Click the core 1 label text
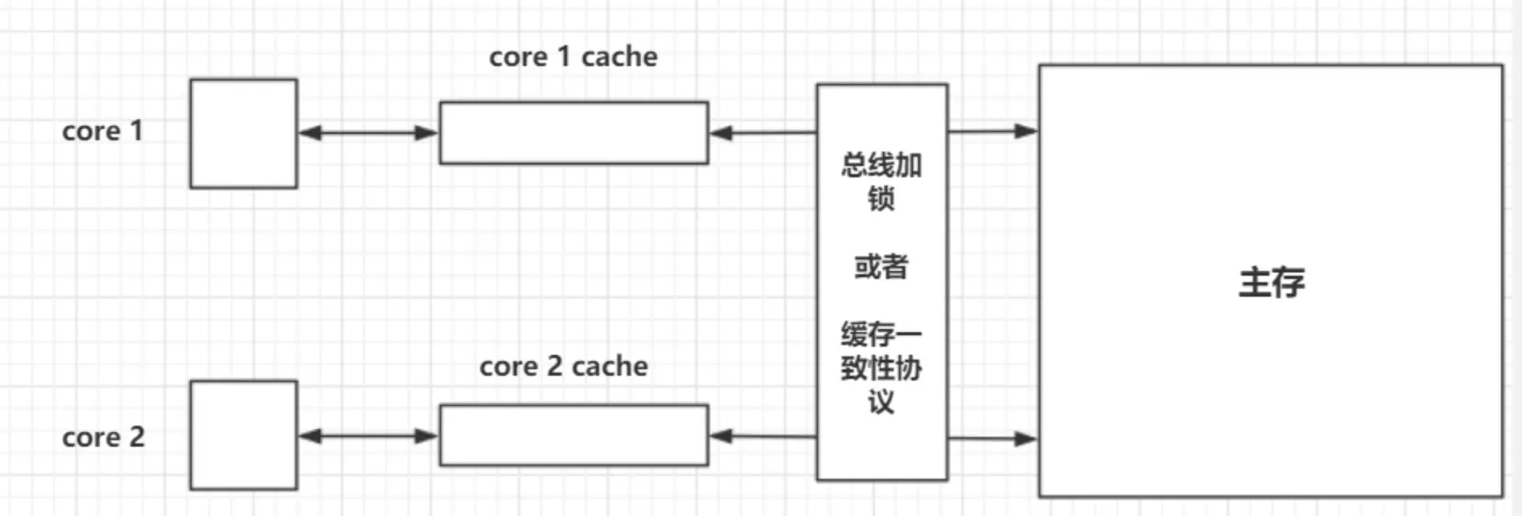click(102, 131)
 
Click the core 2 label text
click(103, 437)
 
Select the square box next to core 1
click(243, 134)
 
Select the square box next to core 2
click(243, 435)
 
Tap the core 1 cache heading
click(573, 56)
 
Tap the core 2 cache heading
click(563, 366)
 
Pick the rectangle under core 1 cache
click(573, 133)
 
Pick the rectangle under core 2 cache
click(573, 435)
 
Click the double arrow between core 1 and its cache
click(368, 133)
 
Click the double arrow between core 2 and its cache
click(368, 436)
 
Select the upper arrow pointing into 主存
click(992, 131)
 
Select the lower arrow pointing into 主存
click(992, 439)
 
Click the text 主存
click(1271, 282)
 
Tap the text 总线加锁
click(881, 181)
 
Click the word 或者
click(881, 266)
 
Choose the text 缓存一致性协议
click(881, 367)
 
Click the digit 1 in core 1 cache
click(563, 56)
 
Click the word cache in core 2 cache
click(610, 366)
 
